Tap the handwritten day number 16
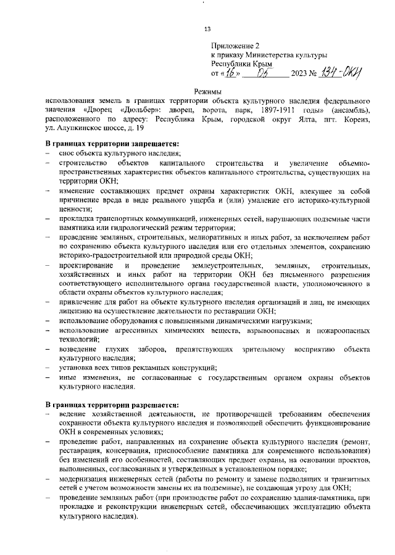coord(230,73)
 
